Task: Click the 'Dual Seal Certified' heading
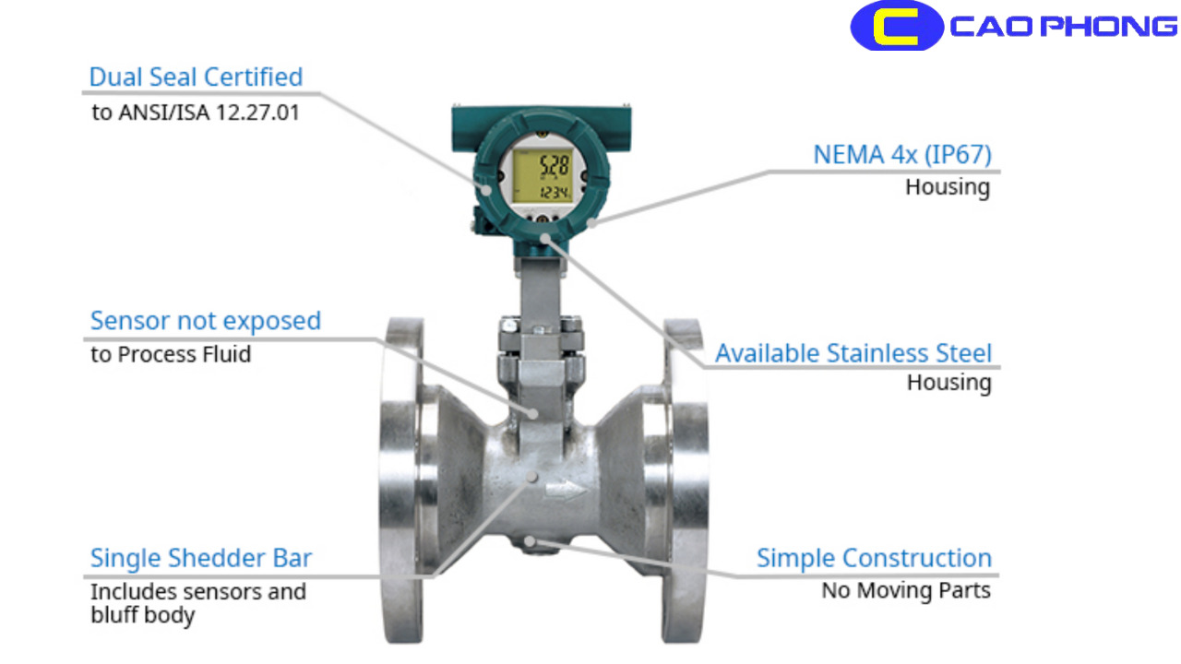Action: (196, 77)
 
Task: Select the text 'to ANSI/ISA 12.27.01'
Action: (195, 113)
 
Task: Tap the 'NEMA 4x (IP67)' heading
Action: (901, 154)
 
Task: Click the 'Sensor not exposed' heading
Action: (205, 321)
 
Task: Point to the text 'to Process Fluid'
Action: (171, 354)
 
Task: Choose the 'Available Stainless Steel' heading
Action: (853, 353)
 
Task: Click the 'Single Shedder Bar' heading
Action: (201, 558)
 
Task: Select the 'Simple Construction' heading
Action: (874, 558)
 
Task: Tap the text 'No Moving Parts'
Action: (906, 590)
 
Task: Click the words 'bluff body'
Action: (143, 615)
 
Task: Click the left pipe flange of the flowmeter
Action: (403, 480)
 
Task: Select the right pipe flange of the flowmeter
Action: (685, 480)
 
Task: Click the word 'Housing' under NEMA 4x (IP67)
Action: (948, 187)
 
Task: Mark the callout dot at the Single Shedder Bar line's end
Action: (532, 476)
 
